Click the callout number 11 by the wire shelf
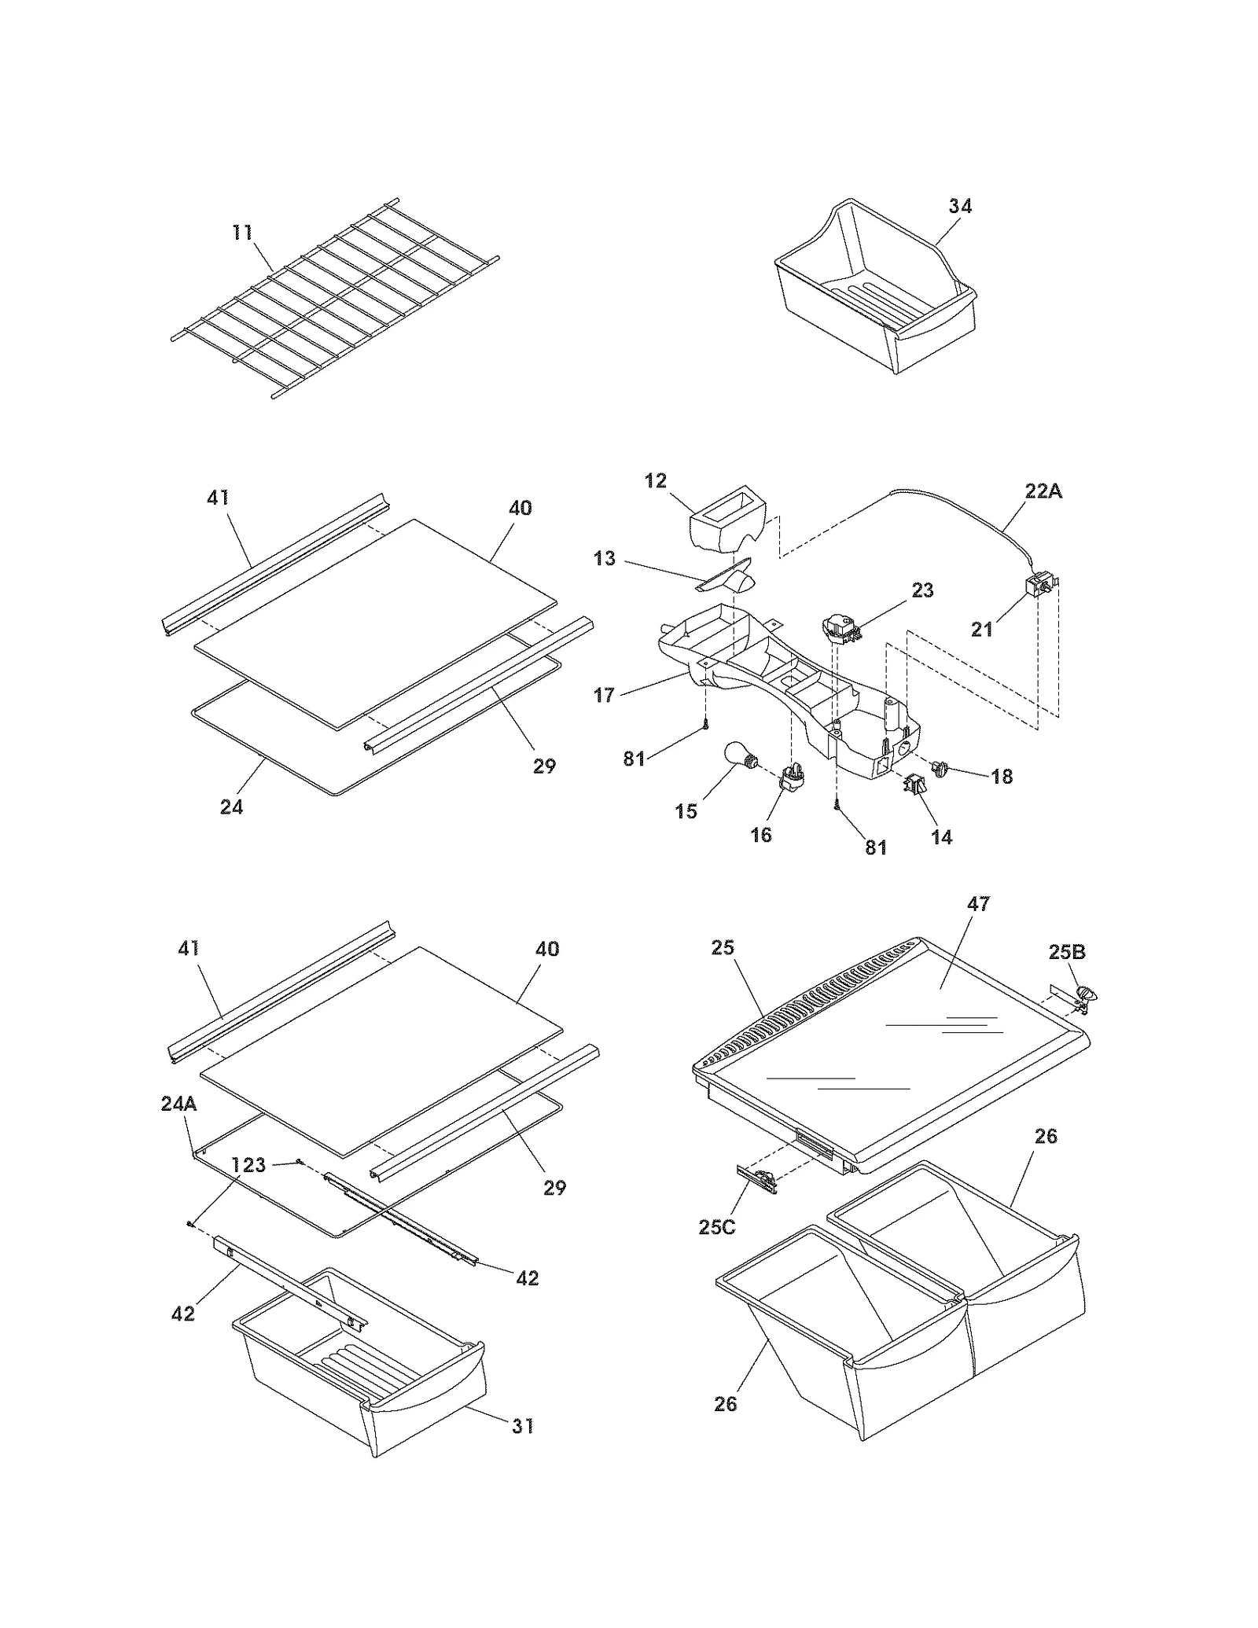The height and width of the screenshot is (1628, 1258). pyautogui.click(x=242, y=233)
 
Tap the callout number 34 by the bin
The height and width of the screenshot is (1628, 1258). pyautogui.click(x=960, y=206)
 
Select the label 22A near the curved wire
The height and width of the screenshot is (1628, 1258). pyautogui.click(x=1043, y=491)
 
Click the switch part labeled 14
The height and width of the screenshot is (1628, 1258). pyautogui.click(x=915, y=783)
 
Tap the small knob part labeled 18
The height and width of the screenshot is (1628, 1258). pyautogui.click(x=940, y=766)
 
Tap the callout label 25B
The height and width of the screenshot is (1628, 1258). pyautogui.click(x=1067, y=952)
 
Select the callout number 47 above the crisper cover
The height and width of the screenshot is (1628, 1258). pyautogui.click(x=978, y=904)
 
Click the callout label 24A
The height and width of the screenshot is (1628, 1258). pyautogui.click(x=178, y=1104)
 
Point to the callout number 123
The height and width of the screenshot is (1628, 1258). pyautogui.click(x=248, y=1165)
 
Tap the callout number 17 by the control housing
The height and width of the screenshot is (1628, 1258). pyautogui.click(x=604, y=695)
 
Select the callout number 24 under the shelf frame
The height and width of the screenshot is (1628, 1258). pyautogui.click(x=231, y=807)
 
